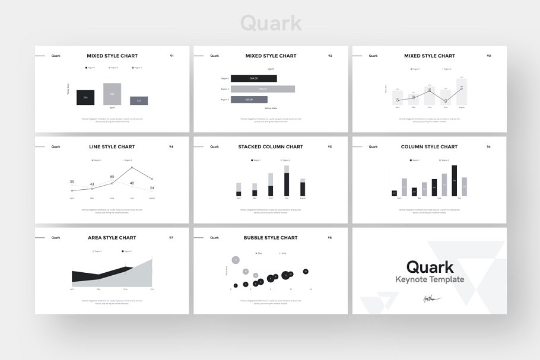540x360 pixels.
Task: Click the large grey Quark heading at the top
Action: coord(271,23)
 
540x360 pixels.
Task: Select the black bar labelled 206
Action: coord(85,97)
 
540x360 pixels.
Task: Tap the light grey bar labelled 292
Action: coord(112,94)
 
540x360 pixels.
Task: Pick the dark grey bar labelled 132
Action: coord(139,101)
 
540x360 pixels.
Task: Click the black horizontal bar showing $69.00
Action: coord(253,78)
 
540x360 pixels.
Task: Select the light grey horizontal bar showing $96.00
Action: coord(263,89)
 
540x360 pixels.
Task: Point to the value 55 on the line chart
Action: coord(72,182)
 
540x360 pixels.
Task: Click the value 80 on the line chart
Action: coord(112,177)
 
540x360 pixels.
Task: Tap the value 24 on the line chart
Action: coord(152,188)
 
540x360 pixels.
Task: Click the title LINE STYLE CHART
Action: coord(112,146)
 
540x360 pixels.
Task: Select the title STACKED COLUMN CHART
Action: coord(271,146)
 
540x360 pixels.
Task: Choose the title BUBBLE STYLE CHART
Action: coord(271,238)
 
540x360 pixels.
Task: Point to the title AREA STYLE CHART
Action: coord(112,238)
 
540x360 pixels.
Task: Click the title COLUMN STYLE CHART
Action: coord(429,146)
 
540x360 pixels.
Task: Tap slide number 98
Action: coord(330,238)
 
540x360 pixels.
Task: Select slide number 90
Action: coord(488,56)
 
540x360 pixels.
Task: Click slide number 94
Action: coord(171,146)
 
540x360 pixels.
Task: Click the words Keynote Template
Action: coord(430,279)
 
